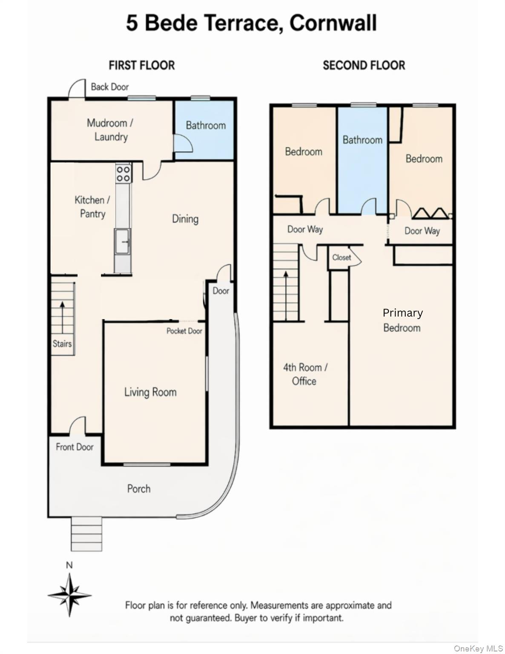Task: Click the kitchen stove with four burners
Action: [123, 173]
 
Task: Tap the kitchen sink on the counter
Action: [123, 241]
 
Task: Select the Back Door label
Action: [110, 87]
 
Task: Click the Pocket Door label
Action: [184, 331]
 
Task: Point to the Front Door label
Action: [75, 447]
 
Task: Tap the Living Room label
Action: [150, 393]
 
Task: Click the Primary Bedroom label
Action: [402, 320]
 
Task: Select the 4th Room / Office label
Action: [305, 374]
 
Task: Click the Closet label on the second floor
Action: [341, 258]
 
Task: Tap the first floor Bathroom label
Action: [206, 125]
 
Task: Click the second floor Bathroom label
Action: [362, 140]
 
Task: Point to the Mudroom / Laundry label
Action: [110, 130]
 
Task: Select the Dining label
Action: [185, 219]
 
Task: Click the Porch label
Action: [139, 489]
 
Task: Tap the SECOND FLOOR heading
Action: [364, 65]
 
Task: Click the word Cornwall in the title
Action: [333, 23]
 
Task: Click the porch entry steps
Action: [87, 534]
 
